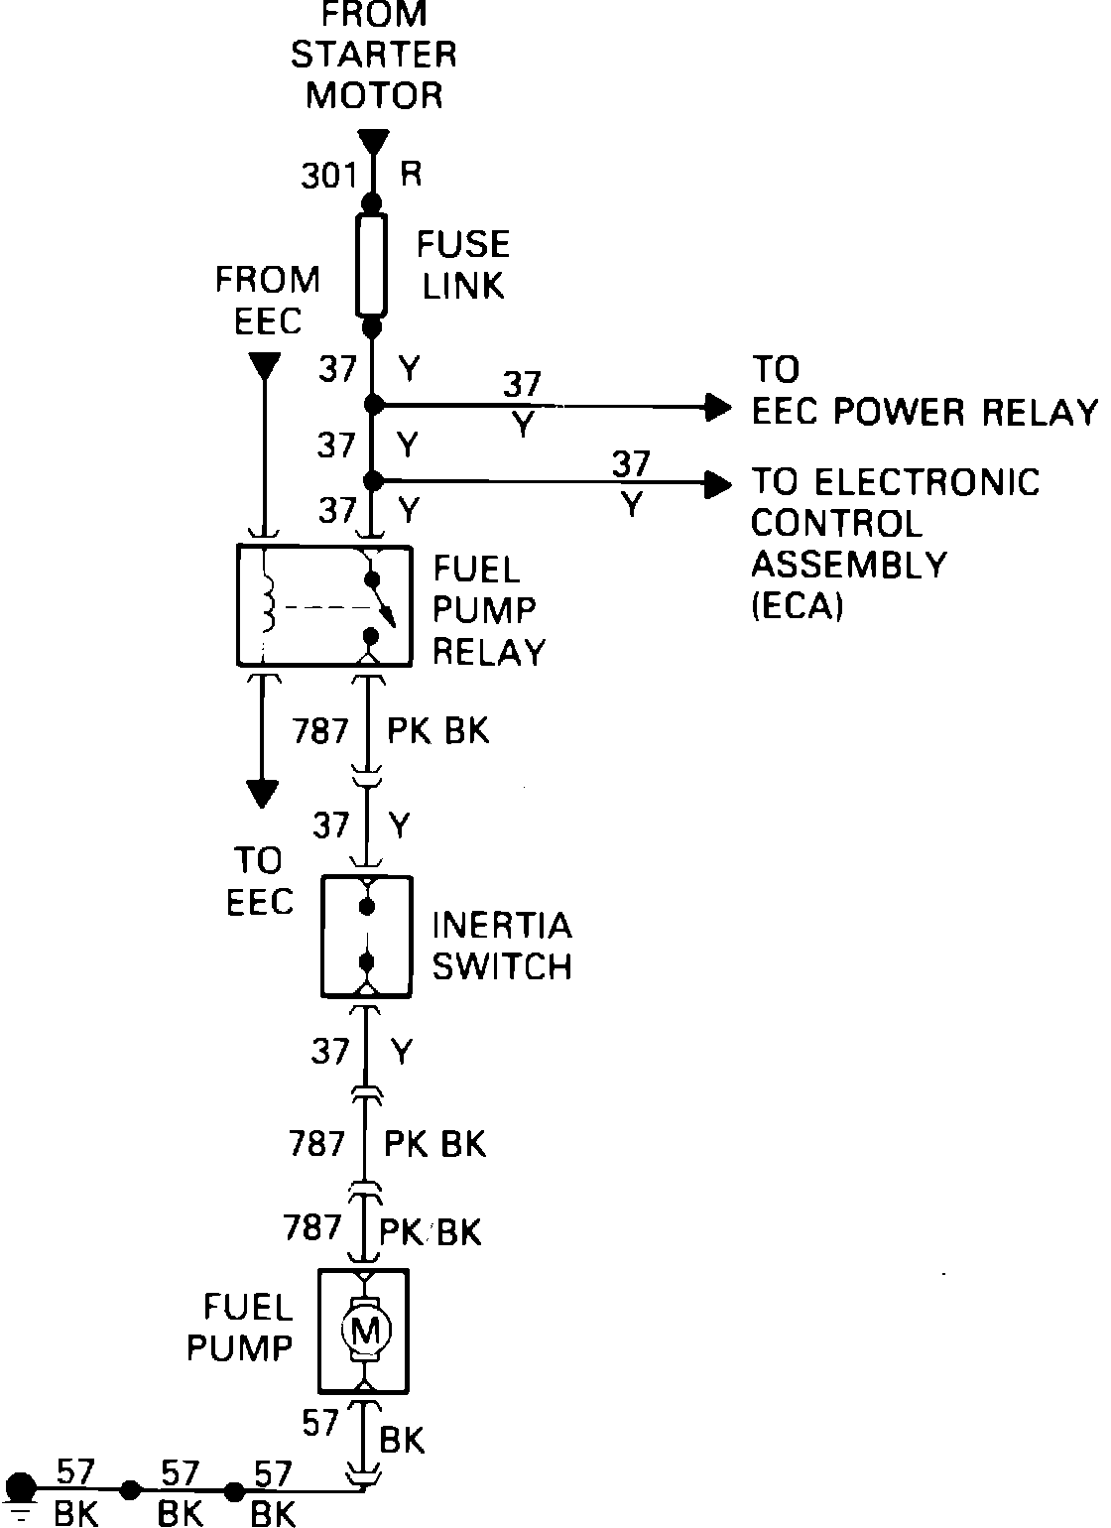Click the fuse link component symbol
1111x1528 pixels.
[x=372, y=266]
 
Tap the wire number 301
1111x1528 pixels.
[x=328, y=176]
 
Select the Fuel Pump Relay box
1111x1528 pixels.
[x=323, y=604]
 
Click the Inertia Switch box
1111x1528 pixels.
[x=366, y=937]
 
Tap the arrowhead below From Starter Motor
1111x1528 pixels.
[x=372, y=142]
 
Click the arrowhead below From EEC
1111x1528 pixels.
[x=263, y=366]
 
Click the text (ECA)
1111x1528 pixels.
[x=797, y=605]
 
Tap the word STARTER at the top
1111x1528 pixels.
[x=373, y=55]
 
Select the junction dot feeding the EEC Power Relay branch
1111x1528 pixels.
[x=372, y=405]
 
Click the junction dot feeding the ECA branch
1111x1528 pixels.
[x=372, y=482]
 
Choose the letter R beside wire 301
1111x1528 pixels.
[x=410, y=175]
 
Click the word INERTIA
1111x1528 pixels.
[x=502, y=925]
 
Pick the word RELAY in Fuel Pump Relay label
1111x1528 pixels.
[x=489, y=652]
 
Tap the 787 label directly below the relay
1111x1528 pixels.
[x=319, y=731]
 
